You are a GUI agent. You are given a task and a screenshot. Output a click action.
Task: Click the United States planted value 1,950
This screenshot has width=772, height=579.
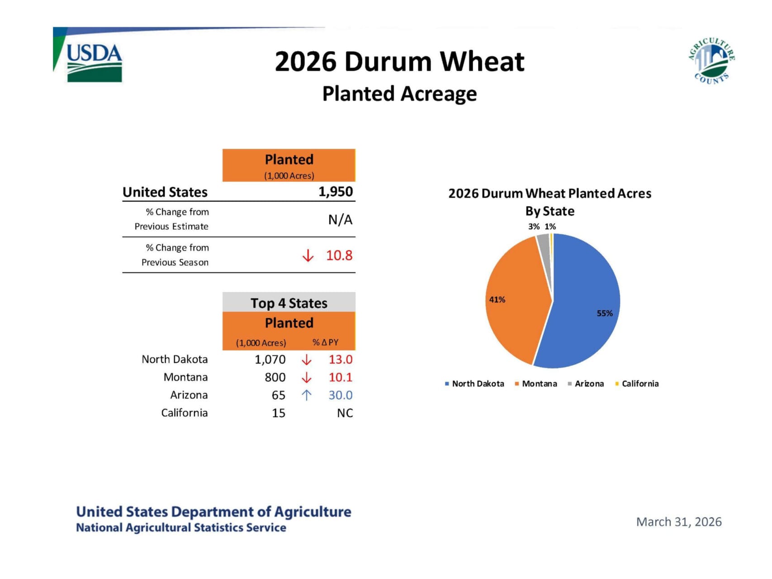[336, 192]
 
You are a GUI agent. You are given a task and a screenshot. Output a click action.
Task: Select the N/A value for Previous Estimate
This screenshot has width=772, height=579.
[340, 219]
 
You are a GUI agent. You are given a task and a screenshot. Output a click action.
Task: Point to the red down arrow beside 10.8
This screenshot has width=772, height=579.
[308, 256]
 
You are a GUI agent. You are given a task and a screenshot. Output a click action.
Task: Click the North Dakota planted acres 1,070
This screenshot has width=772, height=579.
[270, 360]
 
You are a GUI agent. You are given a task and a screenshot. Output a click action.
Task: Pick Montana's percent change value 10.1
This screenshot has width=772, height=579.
[341, 377]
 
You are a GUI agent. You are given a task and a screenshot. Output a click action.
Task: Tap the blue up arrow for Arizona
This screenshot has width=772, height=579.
[306, 395]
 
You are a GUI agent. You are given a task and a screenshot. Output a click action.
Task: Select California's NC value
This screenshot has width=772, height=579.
[345, 413]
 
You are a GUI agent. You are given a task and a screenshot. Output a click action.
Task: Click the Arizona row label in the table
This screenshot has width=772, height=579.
[189, 395]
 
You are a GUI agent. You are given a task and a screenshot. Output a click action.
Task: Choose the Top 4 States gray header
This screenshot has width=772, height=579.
[289, 303]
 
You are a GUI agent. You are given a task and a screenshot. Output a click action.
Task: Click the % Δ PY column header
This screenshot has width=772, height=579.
[325, 342]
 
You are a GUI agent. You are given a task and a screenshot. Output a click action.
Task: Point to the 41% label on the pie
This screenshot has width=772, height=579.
[497, 299]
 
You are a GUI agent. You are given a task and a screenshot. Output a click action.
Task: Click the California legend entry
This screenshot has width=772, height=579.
[637, 384]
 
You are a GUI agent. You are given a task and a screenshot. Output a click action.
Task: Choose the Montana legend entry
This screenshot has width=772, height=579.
[536, 384]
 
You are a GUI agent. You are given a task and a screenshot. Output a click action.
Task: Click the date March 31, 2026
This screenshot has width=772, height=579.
[679, 522]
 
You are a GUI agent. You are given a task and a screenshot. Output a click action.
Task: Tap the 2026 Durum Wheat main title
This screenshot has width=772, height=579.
[400, 62]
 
